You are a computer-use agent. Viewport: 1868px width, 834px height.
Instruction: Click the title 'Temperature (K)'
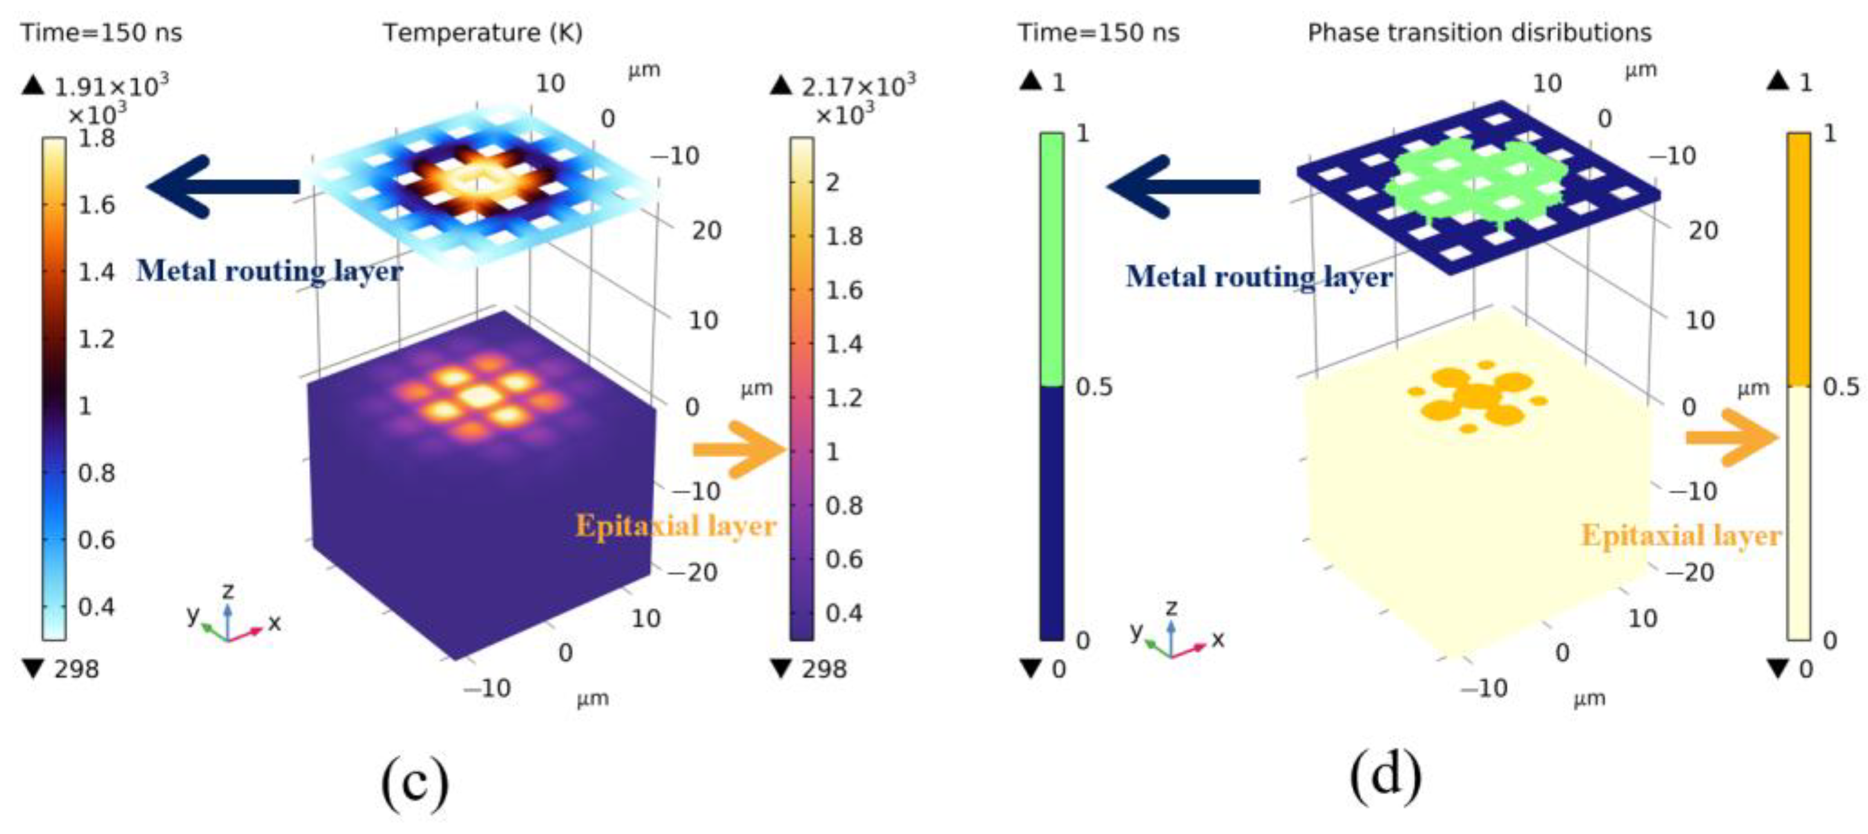pos(482,33)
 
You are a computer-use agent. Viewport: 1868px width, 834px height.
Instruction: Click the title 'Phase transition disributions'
pos(1479,33)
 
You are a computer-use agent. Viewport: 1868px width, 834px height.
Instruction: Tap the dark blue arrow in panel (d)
pos(1182,186)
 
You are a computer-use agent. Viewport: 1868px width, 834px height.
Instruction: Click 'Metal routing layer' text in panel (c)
pos(269,271)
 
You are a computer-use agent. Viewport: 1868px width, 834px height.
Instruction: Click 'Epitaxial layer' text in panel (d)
pos(1681,535)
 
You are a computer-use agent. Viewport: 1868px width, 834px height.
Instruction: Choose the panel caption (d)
pos(1385,776)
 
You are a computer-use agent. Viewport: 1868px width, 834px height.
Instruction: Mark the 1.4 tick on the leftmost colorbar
pos(96,273)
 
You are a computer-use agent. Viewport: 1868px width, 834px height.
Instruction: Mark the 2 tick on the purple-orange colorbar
pos(832,183)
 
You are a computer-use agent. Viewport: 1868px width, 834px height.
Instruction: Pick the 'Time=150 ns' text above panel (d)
pos(1098,33)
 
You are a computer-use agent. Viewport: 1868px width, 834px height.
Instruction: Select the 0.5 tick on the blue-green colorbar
pos(1094,387)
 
